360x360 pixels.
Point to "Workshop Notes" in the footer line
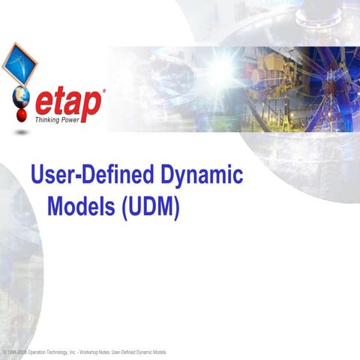pos(123,351)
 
